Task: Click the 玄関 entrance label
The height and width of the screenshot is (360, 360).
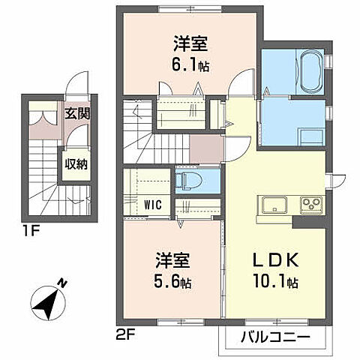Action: click(75, 114)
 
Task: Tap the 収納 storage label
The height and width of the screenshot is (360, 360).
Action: click(74, 163)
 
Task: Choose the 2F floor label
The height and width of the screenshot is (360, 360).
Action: click(126, 330)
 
